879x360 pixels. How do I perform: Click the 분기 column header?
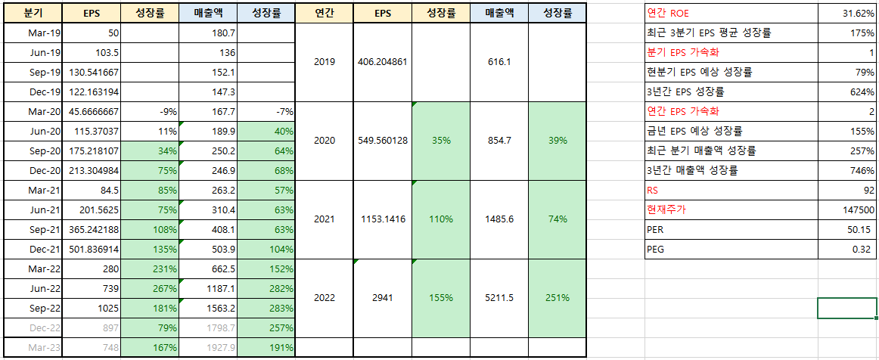pyautogui.click(x=33, y=14)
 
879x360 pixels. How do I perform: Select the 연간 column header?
pyautogui.click(x=324, y=14)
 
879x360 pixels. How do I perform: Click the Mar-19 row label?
pyautogui.click(x=33, y=33)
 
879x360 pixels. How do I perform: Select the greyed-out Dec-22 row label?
pyautogui.click(x=33, y=327)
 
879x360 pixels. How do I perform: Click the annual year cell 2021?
pyautogui.click(x=324, y=219)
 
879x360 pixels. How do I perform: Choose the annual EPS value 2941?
pyautogui.click(x=382, y=298)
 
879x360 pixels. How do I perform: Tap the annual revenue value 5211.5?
pyautogui.click(x=499, y=298)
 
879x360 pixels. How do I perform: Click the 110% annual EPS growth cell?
pyautogui.click(x=440, y=219)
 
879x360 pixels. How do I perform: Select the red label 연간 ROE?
pyautogui.click(x=669, y=14)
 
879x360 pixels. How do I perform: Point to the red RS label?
pyautogui.click(x=653, y=191)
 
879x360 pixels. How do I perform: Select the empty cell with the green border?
pyautogui.click(x=847, y=309)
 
